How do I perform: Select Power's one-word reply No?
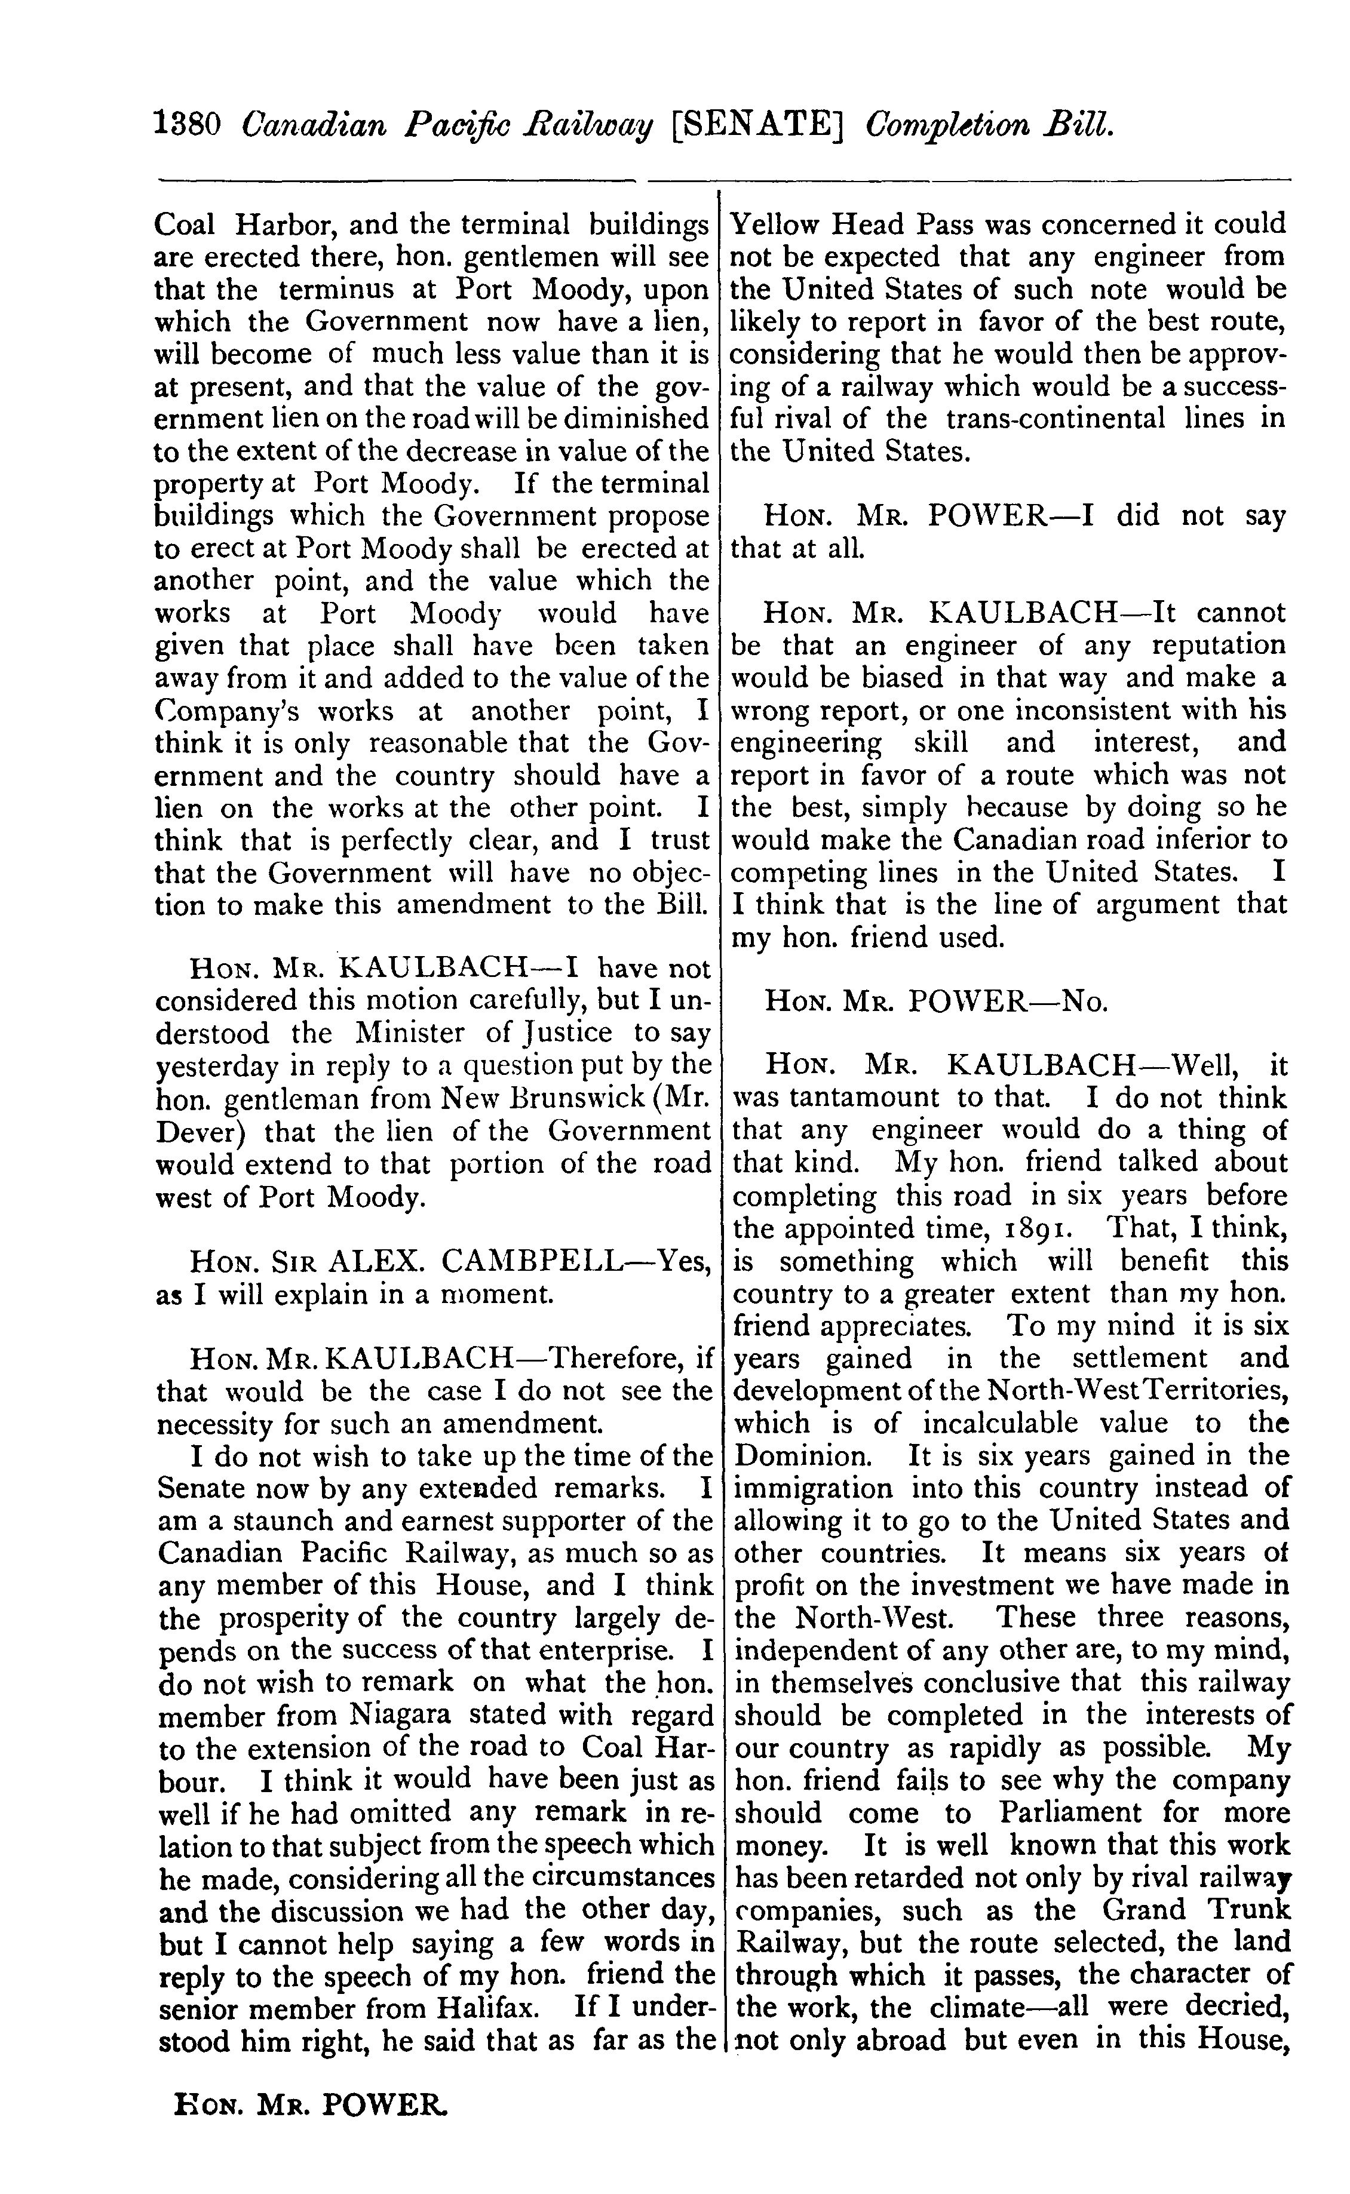pyautogui.click(x=1083, y=1003)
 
